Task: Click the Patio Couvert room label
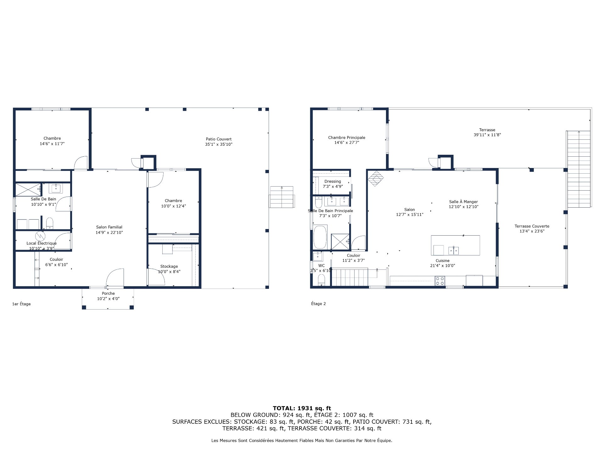[219, 139]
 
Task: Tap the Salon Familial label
[109, 227]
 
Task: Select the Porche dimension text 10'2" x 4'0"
[108, 299]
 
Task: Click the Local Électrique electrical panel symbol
[40, 236]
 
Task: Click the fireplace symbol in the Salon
[376, 179]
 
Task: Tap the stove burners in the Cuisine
[440, 281]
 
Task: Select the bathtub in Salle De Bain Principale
[320, 237]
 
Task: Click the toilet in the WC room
[322, 279]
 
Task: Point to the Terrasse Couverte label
[532, 226]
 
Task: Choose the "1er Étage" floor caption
[21, 304]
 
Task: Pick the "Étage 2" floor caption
[318, 304]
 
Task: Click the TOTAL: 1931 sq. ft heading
[302, 408]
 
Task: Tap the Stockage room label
[169, 266]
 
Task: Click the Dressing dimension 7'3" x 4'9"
[333, 187]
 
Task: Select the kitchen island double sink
[453, 250]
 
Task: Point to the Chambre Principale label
[347, 137]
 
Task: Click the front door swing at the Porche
[115, 277]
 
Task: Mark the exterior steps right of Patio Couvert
[282, 197]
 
